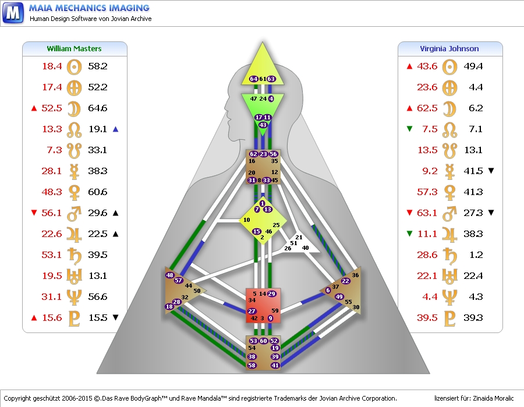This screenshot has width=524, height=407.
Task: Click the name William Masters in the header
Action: pos(74,48)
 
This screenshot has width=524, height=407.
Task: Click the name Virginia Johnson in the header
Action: pos(449,48)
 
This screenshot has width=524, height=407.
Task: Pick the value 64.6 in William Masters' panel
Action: pos(98,108)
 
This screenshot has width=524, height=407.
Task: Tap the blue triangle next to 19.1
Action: pos(116,129)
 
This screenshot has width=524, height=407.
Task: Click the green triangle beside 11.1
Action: pos(409,234)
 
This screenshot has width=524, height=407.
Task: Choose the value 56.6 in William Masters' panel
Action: pos(98,297)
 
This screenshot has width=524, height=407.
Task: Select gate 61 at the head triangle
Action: pos(263,79)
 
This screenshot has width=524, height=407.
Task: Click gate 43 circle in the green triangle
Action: pos(263,125)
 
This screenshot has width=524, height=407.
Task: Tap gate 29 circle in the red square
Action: pos(271,294)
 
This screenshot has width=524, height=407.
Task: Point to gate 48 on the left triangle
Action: pos(169,275)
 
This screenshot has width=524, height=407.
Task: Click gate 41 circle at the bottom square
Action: pos(275,365)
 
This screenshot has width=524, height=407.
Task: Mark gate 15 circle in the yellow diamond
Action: pos(256,231)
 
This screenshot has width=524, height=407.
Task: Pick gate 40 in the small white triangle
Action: pos(305,248)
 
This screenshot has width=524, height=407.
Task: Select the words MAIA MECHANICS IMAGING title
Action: pos(89,8)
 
